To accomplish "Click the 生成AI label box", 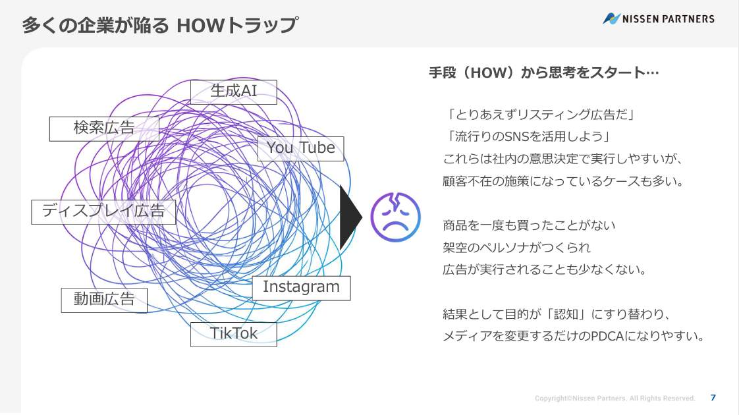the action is pyautogui.click(x=234, y=92).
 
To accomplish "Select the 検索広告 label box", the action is pyautogui.click(x=104, y=128).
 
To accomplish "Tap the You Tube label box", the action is pyautogui.click(x=301, y=149).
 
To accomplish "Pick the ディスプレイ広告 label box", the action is pyautogui.click(x=103, y=211).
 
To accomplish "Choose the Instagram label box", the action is pyautogui.click(x=301, y=288).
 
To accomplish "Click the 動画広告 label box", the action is pyautogui.click(x=104, y=300).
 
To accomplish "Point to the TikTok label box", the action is pyautogui.click(x=234, y=335).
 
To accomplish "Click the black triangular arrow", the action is pyautogui.click(x=350, y=217).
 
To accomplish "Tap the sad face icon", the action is pyautogui.click(x=395, y=217).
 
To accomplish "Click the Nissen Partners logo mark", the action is pyautogui.click(x=611, y=18).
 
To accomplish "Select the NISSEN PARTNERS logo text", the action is pyautogui.click(x=669, y=19).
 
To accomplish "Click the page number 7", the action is pyautogui.click(x=713, y=398).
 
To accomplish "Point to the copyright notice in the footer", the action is pyautogui.click(x=615, y=399).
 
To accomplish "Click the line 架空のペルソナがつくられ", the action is pyautogui.click(x=516, y=248).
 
